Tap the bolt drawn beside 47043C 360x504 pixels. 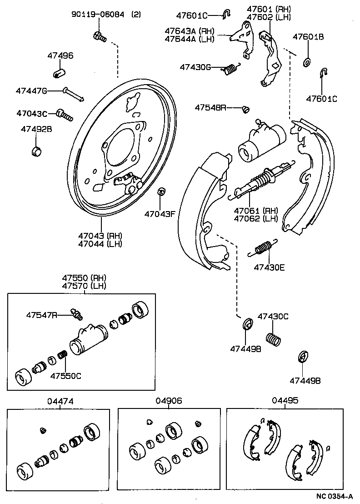click(x=65, y=114)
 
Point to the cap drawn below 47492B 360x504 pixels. click(x=35, y=150)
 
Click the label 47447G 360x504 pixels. click(x=31, y=91)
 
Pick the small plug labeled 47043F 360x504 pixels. click(x=160, y=192)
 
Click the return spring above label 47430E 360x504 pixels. click(x=262, y=248)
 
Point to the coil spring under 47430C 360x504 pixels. click(x=272, y=339)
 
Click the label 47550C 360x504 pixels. click(x=65, y=376)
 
